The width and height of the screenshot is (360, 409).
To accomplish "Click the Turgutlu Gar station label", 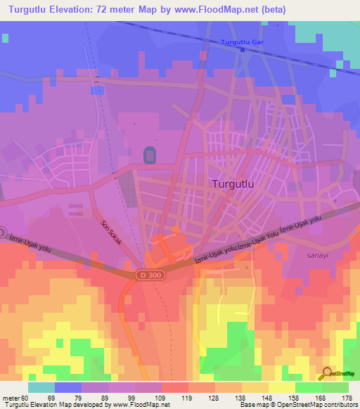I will [x=242, y=42].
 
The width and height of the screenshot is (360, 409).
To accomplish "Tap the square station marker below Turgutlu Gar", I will [x=242, y=50].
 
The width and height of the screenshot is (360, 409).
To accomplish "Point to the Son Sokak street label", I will [x=111, y=232].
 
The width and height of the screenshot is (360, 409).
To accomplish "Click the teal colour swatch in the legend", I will [x=41, y=387].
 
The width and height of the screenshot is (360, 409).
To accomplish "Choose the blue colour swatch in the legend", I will [x=68, y=387].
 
